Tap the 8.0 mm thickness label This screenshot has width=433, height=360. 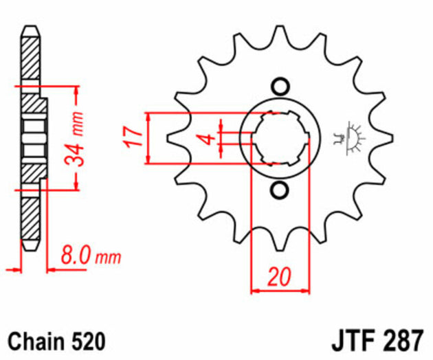point(90,258)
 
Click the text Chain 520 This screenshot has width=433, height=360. point(56,340)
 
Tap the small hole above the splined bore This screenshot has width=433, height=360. point(279,87)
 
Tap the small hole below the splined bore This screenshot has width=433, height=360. point(279,188)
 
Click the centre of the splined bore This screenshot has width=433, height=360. point(279,137)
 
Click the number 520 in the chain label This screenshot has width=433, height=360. point(87,340)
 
